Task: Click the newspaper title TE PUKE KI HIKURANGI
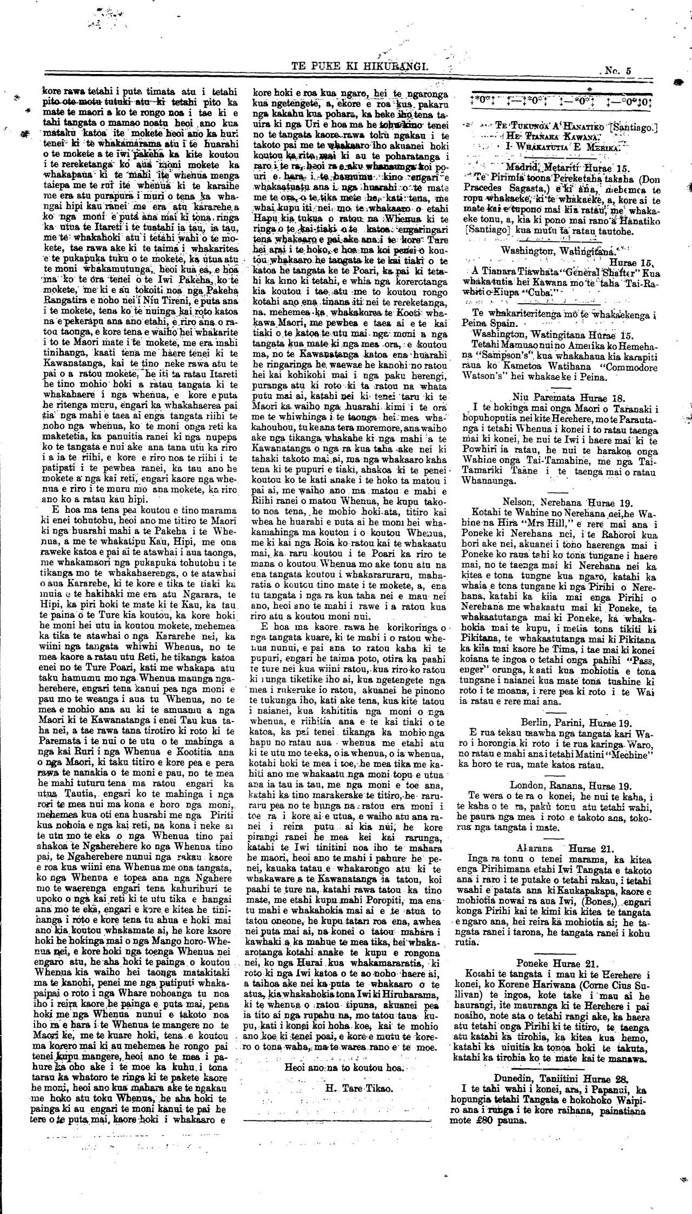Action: [360, 67]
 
